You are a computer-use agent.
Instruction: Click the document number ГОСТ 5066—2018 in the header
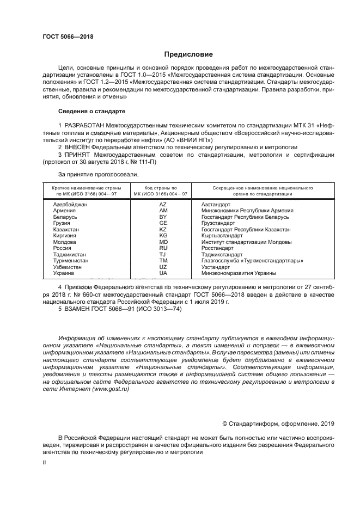(68, 36)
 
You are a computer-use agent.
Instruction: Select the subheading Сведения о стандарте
(91, 111)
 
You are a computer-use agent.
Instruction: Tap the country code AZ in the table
(163, 204)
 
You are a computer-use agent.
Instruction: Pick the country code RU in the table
(163, 248)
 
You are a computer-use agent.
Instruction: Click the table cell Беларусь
(65, 217)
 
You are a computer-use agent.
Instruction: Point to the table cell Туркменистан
(71, 261)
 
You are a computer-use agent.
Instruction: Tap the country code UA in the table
(163, 273)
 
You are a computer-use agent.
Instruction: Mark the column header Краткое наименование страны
(80, 191)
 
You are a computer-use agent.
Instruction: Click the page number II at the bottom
(45, 462)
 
